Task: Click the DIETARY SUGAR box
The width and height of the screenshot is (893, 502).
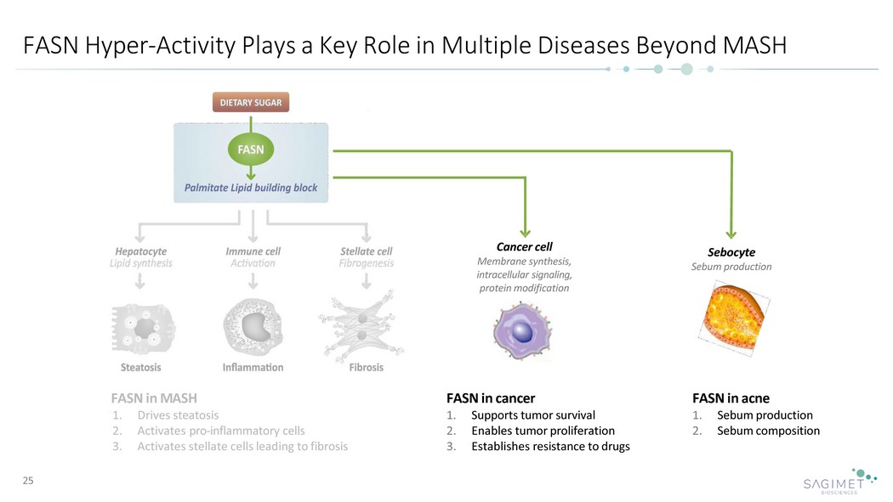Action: pyautogui.click(x=251, y=102)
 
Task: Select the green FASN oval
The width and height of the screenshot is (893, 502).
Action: pyautogui.click(x=251, y=149)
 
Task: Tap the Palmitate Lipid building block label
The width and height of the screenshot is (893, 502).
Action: pyautogui.click(x=251, y=188)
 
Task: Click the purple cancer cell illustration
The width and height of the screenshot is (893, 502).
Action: pyautogui.click(x=522, y=331)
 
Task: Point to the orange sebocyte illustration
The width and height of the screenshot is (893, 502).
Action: pyautogui.click(x=733, y=319)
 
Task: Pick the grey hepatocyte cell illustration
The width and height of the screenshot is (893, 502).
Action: pyautogui.click(x=143, y=329)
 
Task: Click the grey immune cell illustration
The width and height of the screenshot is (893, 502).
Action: pyautogui.click(x=253, y=328)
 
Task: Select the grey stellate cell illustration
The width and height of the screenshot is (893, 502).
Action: pyautogui.click(x=361, y=326)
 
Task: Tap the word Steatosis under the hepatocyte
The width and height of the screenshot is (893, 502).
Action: pyautogui.click(x=140, y=367)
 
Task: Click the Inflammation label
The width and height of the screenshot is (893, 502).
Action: pyautogui.click(x=253, y=367)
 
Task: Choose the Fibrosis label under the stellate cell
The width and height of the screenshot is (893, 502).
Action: pyautogui.click(x=367, y=367)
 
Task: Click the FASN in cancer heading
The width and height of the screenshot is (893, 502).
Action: pyautogui.click(x=491, y=398)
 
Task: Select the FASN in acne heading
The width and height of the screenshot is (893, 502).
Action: pyautogui.click(x=731, y=398)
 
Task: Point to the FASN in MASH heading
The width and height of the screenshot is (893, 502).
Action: pyautogui.click(x=154, y=398)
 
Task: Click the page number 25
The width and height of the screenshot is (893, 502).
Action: pyautogui.click(x=28, y=481)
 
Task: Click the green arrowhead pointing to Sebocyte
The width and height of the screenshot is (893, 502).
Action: pyautogui.click(x=731, y=234)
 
